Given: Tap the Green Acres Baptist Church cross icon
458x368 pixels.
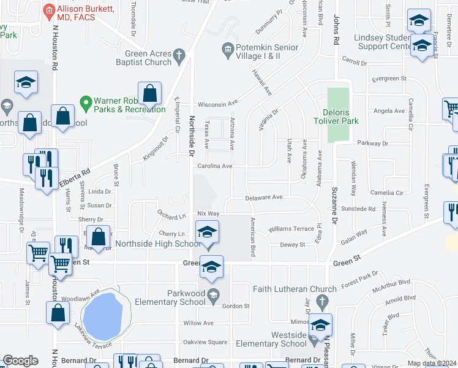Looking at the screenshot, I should (179, 56).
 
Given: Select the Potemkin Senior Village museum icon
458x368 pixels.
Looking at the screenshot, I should (228, 48).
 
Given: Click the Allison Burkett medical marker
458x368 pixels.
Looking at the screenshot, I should (48, 10).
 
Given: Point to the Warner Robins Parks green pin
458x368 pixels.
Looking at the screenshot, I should (85, 101).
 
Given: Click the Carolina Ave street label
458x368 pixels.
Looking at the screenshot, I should (214, 166).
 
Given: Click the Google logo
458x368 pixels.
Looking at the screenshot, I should (20, 361).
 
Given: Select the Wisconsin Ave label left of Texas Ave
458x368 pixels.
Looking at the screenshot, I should (216, 104).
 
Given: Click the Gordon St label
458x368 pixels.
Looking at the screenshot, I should (236, 306).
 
